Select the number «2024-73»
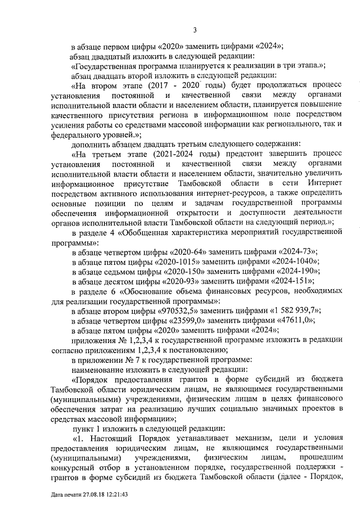click(x=295, y=251)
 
